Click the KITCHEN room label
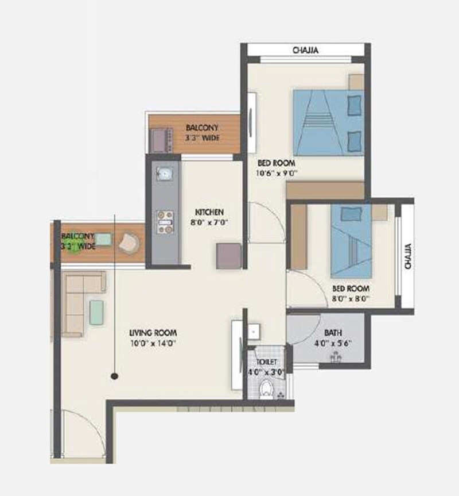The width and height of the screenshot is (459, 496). tap(209, 212)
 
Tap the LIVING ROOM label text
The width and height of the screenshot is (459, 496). tap(153, 332)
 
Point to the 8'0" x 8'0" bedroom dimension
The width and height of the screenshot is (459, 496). tap(349, 298)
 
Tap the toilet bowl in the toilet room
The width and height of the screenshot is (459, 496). tap(266, 389)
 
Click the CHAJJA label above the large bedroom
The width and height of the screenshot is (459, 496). tap(305, 51)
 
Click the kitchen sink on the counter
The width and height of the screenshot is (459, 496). tap(165, 173)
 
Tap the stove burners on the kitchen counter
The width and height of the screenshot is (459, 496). tap(165, 221)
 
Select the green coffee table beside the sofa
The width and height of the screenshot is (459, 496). tap(96, 313)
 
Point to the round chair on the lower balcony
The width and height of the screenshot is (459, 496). tap(128, 242)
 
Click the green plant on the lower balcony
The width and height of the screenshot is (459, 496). tap(71, 248)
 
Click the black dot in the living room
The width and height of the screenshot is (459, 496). tap(115, 376)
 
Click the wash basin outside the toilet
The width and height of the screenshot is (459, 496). tap(254, 331)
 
